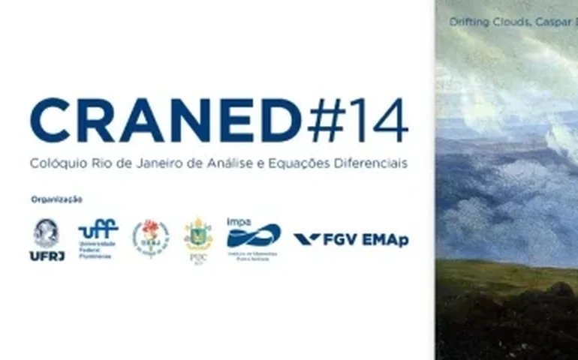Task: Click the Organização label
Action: pyautogui.click(x=56, y=199)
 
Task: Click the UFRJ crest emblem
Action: pyautogui.click(x=46, y=233)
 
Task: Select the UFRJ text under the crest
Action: pyautogui.click(x=46, y=255)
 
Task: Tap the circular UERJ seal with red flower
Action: pyautogui.click(x=150, y=238)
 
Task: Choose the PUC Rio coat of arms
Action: pyautogui.click(x=198, y=235)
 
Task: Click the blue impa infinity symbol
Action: pyautogui.click(x=254, y=237)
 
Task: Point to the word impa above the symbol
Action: pyautogui.click(x=239, y=222)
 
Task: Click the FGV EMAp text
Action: pyautogui.click(x=366, y=240)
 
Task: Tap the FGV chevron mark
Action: pyautogui.click(x=306, y=239)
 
